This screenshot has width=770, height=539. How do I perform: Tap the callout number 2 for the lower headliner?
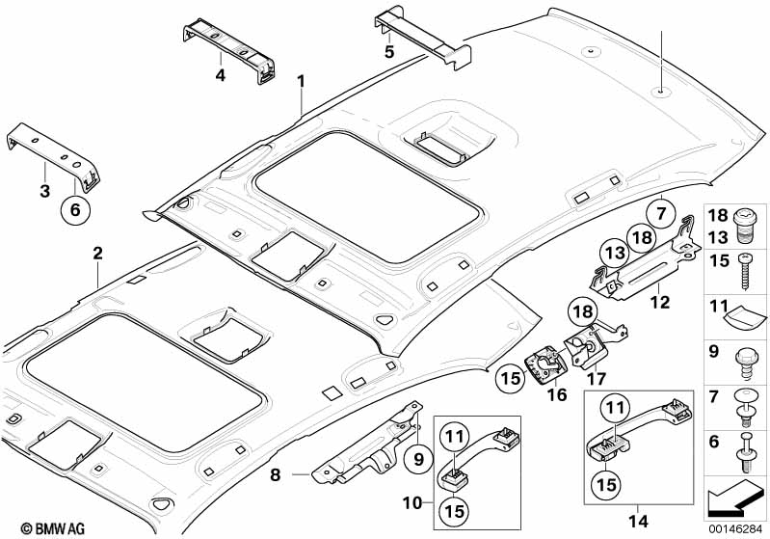pyautogui.click(x=97, y=255)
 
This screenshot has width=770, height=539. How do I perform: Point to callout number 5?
pyautogui.click(x=389, y=52)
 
